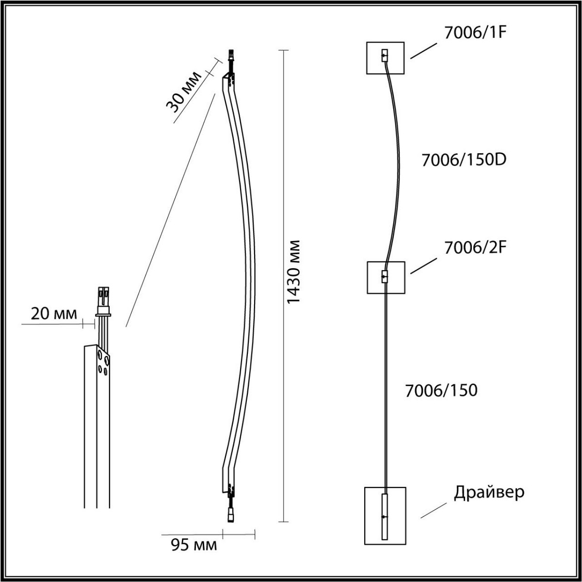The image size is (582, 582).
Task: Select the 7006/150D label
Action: [x=464, y=161]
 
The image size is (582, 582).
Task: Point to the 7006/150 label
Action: [x=441, y=390]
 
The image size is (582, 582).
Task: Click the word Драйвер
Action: [x=489, y=493]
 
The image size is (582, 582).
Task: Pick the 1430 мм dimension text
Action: [x=294, y=272]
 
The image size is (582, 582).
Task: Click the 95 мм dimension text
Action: [x=194, y=546]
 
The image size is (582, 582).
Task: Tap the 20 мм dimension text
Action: [x=54, y=314]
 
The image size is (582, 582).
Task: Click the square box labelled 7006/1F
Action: [x=385, y=58]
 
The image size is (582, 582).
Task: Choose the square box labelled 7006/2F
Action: [x=385, y=277]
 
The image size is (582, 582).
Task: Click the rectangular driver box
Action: [x=385, y=515]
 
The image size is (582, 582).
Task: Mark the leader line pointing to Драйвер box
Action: [x=433, y=510]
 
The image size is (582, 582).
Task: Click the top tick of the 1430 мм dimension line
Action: [x=283, y=50]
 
